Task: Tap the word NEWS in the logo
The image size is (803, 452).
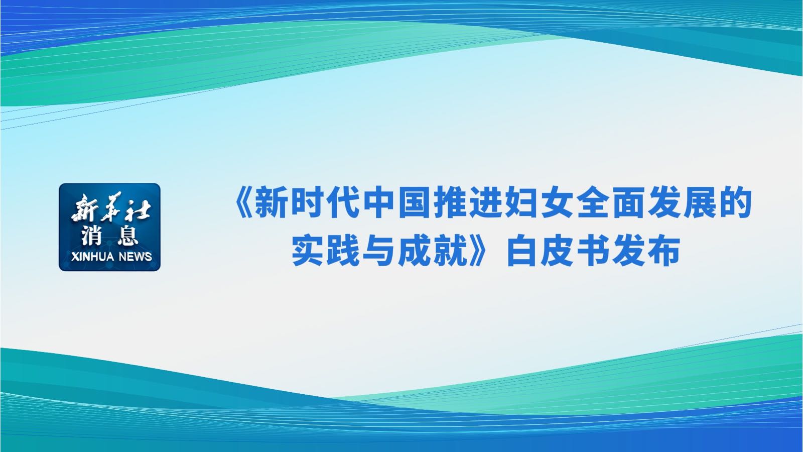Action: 136,257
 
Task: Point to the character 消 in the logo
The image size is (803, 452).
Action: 92,236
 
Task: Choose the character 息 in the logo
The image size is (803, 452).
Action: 127,236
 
